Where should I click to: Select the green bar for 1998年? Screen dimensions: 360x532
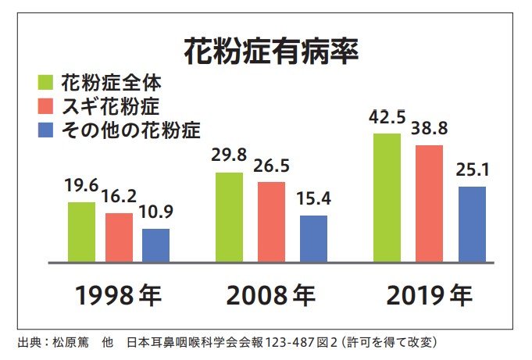tap(81, 232)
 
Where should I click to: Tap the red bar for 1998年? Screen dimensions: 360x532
tap(119, 237)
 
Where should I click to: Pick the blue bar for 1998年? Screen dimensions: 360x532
tap(155, 245)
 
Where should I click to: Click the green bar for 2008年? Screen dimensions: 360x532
tap(229, 217)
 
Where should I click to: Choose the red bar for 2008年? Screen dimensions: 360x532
tap(270, 222)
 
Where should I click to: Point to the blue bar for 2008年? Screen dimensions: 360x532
tap(313, 238)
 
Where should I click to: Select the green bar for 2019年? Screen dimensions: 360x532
tap(387, 198)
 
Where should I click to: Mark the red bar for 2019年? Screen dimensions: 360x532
tap(429, 203)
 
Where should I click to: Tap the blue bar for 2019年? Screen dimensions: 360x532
tap(472, 224)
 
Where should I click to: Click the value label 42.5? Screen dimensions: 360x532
tap(387, 119)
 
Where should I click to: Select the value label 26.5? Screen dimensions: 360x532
tap(271, 166)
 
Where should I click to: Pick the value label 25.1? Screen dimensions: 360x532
tap(472, 171)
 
